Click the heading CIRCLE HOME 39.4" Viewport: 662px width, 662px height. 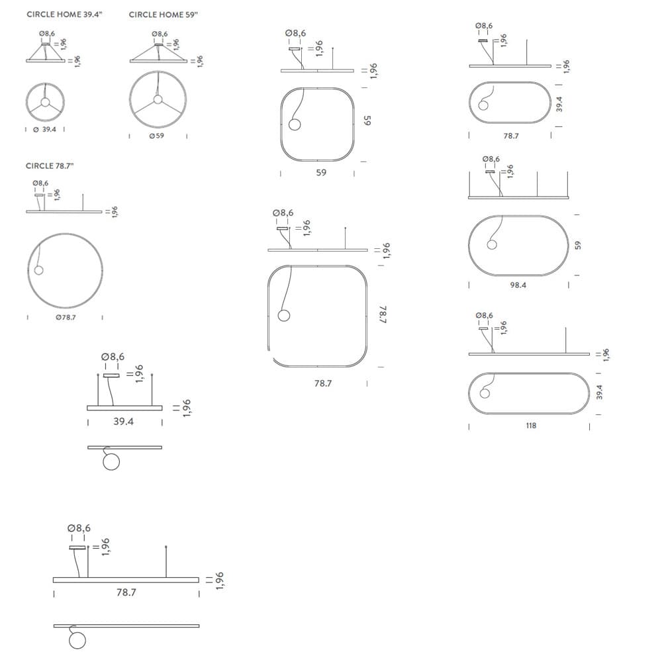coord(65,15)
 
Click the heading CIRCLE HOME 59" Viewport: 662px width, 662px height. coord(164,15)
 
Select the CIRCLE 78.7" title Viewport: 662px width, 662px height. coord(50,166)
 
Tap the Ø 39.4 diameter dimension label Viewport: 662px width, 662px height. coord(45,129)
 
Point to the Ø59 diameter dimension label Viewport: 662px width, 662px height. coord(157,136)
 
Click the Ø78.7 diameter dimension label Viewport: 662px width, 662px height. coord(66,317)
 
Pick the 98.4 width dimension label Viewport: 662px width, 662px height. coord(518,285)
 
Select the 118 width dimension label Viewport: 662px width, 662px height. coord(531,426)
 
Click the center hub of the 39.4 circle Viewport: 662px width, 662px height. coord(45,102)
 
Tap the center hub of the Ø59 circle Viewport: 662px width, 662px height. coord(158,100)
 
